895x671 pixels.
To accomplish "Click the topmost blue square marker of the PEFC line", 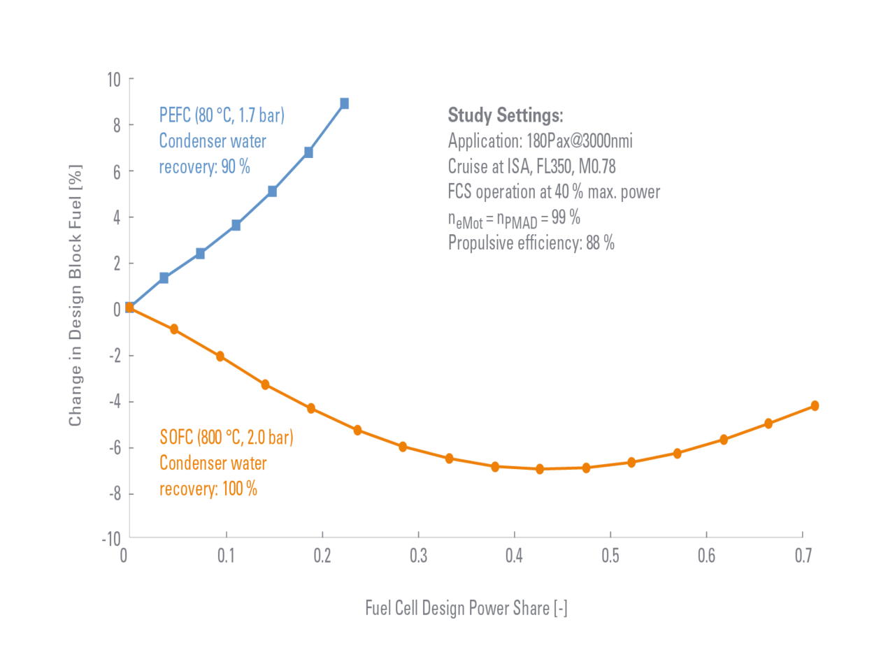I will [345, 103].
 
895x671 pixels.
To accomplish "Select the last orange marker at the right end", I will [815, 406].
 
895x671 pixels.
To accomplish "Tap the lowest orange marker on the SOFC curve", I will [540, 469].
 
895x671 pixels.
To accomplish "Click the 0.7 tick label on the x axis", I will [803, 556].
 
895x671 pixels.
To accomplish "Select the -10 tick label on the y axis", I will [111, 539].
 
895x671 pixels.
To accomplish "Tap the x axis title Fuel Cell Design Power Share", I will [466, 607].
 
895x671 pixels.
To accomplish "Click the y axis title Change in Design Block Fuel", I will [76, 295].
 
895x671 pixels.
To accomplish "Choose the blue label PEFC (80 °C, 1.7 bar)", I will [222, 115].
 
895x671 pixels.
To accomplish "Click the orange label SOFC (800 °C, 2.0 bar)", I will [226, 438].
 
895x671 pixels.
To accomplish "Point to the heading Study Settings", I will [505, 115].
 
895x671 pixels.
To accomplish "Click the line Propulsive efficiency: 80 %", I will [531, 243].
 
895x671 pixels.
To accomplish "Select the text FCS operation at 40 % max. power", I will [553, 192].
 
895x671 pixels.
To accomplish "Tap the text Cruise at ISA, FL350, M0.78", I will [531, 166].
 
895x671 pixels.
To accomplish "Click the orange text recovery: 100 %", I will [208, 488].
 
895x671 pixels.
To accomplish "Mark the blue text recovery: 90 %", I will [204, 166].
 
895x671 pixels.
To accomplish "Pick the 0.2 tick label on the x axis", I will [322, 556].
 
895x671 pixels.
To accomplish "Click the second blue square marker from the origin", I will [164, 278].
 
